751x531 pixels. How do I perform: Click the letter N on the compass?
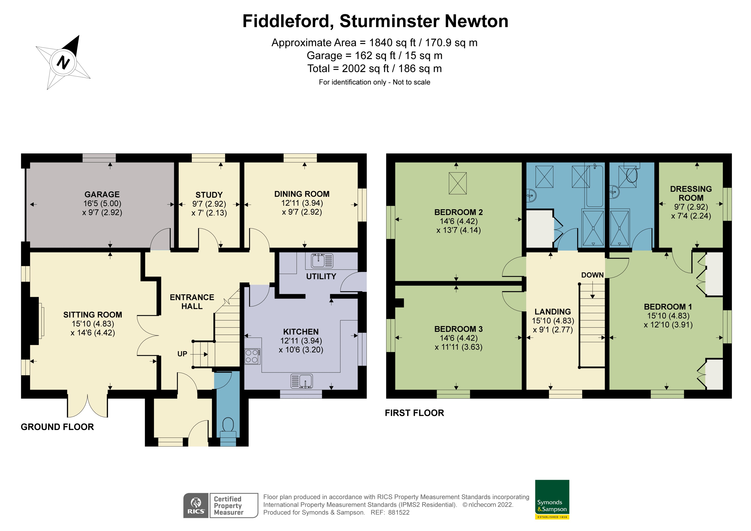[x=63, y=62]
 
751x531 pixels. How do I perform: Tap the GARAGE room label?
[x=102, y=194]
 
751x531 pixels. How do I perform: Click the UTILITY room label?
[x=321, y=277]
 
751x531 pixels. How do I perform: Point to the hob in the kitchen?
[x=252, y=356]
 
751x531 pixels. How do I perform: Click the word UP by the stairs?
[x=182, y=354]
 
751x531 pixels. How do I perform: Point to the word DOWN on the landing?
[x=592, y=275]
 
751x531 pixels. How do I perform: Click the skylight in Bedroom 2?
[x=458, y=183]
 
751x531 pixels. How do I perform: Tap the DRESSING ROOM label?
[x=691, y=193]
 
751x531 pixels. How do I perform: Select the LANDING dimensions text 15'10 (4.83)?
[x=553, y=321]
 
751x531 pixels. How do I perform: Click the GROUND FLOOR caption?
[x=57, y=427]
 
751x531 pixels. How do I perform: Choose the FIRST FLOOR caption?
[x=414, y=413]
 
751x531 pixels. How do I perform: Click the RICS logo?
[x=196, y=506]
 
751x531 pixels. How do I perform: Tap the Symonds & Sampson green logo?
[x=552, y=499]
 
